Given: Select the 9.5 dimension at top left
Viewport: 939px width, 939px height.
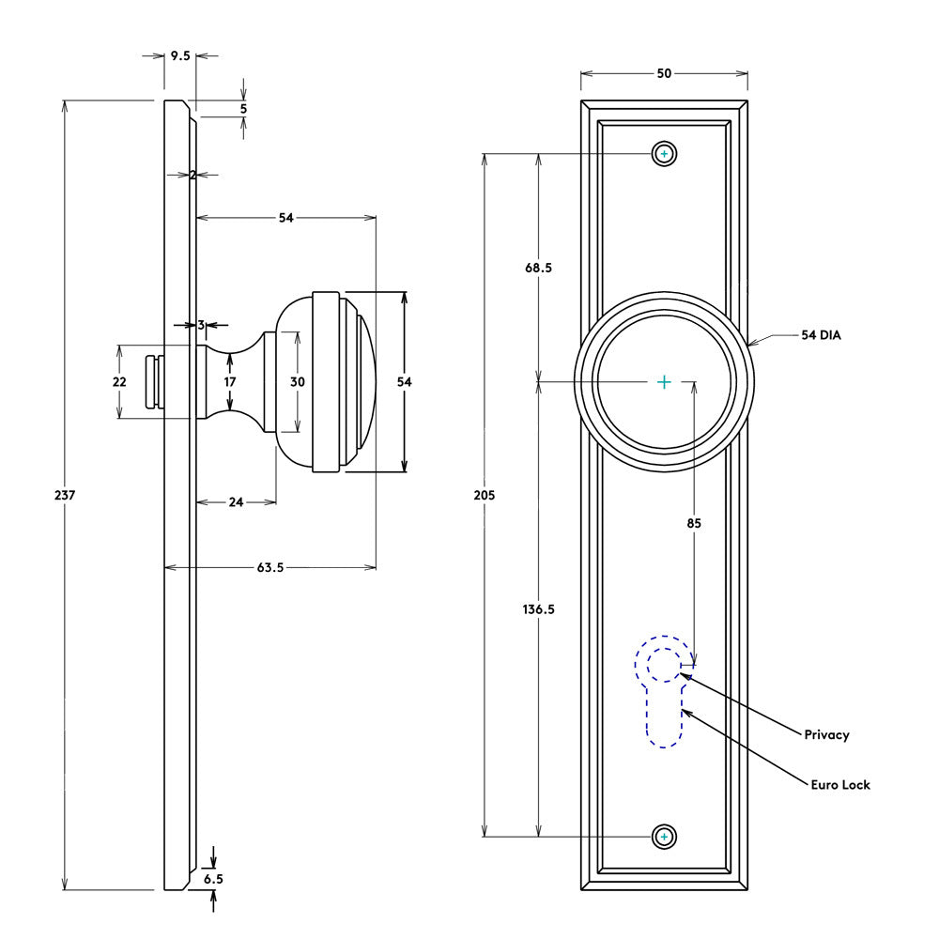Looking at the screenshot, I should tap(179, 56).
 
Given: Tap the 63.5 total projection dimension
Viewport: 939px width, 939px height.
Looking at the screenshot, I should tap(269, 567).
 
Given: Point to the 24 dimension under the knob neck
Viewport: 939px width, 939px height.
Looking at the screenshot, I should tap(236, 502).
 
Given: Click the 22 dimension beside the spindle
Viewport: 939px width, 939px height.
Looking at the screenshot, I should tap(119, 382).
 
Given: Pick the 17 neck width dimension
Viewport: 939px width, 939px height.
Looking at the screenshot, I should tap(230, 382).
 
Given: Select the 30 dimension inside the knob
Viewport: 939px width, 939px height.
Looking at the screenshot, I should tap(298, 382).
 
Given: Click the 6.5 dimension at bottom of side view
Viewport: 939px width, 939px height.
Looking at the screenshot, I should tap(213, 879).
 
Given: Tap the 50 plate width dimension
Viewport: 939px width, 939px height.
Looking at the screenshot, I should tap(664, 73).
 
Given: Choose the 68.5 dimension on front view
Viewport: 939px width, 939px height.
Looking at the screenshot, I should tap(538, 268).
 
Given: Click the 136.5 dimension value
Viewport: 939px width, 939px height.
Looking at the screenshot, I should tap(538, 608).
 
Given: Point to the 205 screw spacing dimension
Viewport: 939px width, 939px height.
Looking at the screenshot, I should tap(485, 495).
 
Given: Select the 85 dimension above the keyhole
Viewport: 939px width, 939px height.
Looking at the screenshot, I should tap(694, 523).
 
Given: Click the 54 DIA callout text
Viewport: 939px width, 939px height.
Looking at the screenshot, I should tap(821, 334).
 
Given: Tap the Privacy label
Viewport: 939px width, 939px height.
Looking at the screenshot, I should tap(826, 734).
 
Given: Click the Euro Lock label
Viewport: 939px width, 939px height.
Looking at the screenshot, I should tap(840, 784).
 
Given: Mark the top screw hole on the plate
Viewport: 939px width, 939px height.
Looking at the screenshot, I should tap(665, 154).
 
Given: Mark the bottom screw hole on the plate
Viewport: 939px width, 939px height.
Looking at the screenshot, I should tap(665, 836).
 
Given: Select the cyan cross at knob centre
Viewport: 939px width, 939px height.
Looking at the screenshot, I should tap(664, 382).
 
